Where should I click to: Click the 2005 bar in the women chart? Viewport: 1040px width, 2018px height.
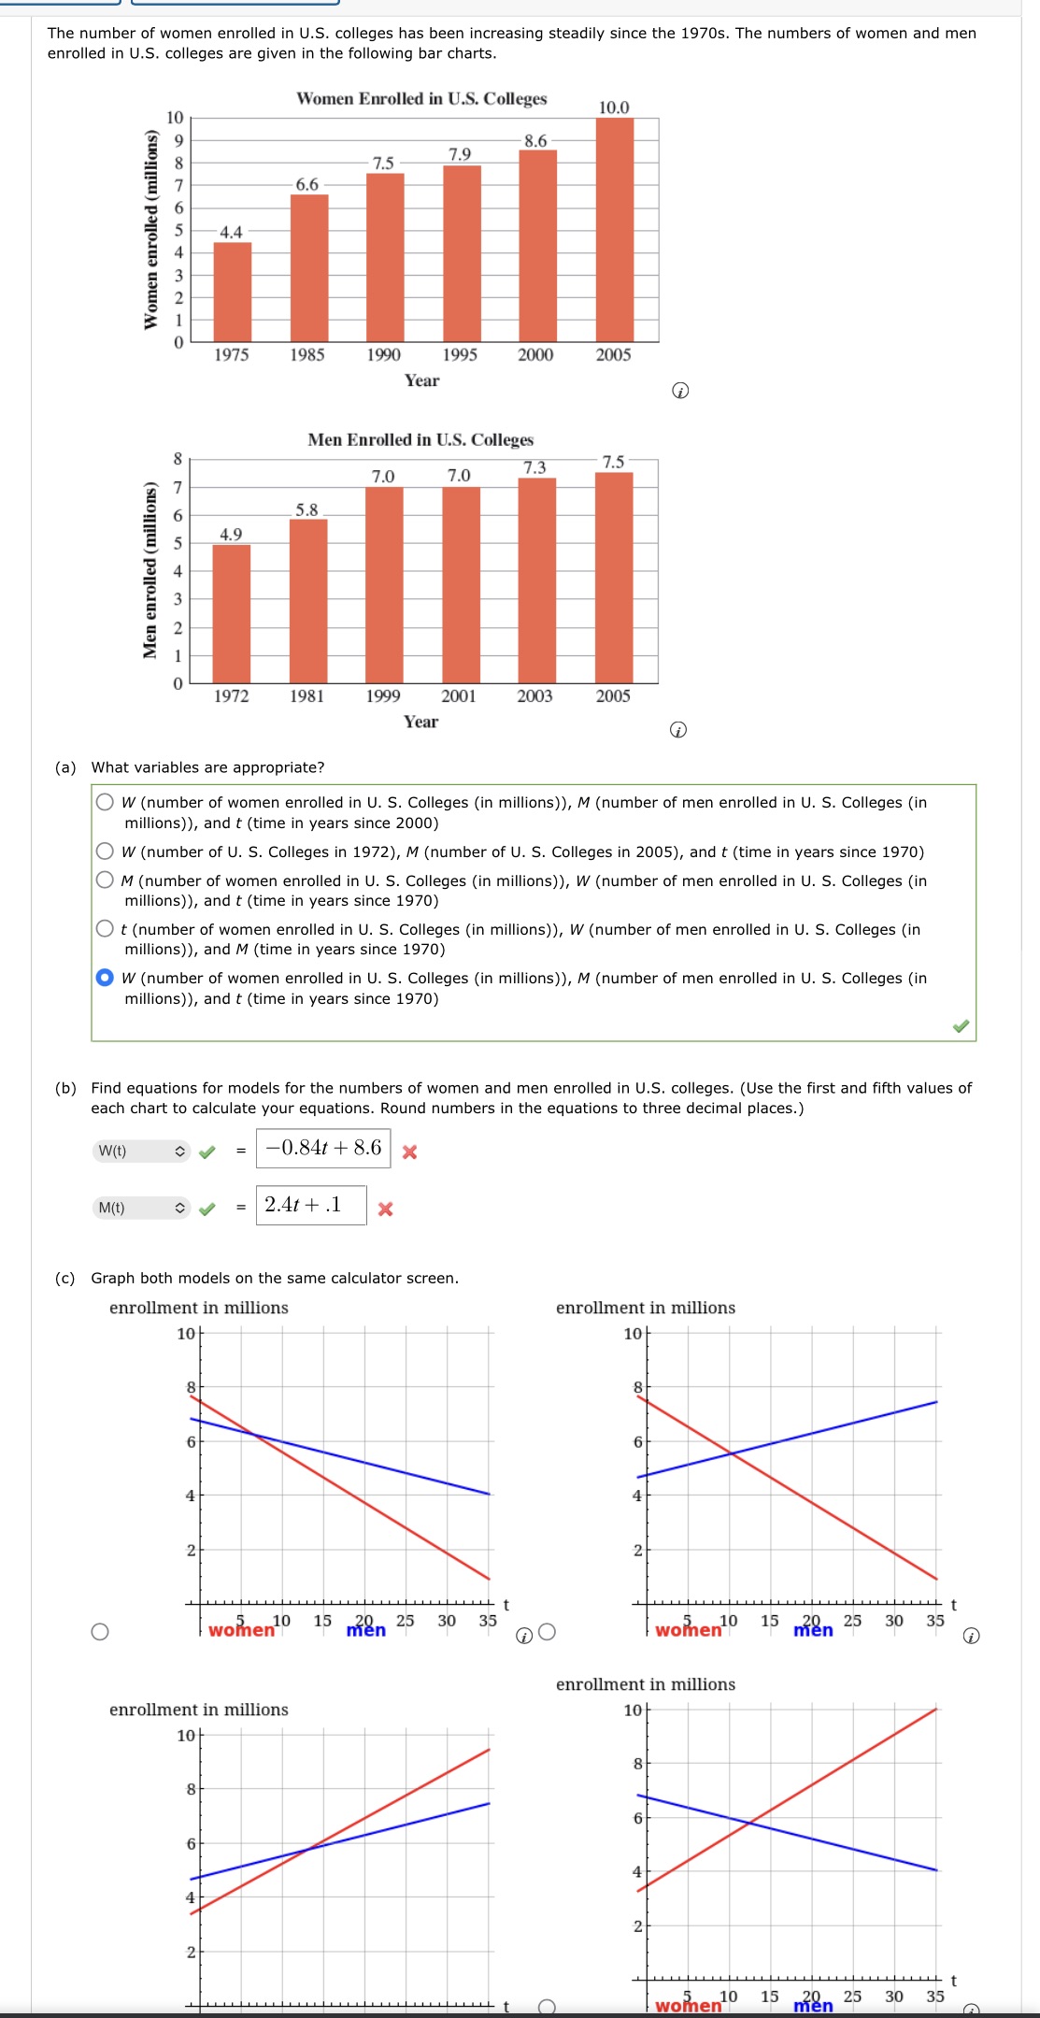coord(614,230)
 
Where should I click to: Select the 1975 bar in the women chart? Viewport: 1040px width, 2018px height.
coord(232,292)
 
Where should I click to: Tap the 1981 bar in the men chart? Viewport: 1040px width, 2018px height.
coord(307,600)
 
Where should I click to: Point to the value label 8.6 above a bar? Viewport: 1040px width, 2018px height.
coord(535,141)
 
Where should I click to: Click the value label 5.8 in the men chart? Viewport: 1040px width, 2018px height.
coord(306,509)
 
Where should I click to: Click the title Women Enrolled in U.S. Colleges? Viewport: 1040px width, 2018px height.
coord(421,99)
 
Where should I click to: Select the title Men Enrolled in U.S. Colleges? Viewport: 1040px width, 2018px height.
coord(420,439)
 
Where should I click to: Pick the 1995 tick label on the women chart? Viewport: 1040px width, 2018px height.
coord(460,355)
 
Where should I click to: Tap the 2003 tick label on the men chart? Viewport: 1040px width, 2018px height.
coord(534,696)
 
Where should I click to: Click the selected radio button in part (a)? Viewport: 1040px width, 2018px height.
coord(106,978)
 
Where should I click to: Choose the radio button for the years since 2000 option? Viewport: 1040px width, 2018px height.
coord(106,802)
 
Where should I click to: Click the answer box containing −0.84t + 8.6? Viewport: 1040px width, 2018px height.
coord(323,1149)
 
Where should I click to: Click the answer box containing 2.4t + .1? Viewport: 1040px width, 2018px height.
coord(310,1206)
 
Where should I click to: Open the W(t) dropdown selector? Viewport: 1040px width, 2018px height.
coord(142,1152)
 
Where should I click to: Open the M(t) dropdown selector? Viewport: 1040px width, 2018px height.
coord(142,1209)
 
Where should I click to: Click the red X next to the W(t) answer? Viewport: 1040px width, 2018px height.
coord(409,1152)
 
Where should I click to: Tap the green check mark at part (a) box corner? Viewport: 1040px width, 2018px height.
coord(961,1026)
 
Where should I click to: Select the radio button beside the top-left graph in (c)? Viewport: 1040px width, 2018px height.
coord(100,1632)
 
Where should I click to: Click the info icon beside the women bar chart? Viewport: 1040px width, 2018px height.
coord(680,391)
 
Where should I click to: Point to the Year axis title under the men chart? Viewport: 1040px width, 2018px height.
coord(420,722)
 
